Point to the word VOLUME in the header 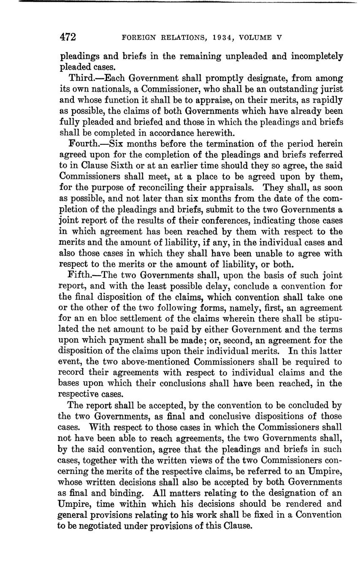[256, 38]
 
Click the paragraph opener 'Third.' [80, 78]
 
